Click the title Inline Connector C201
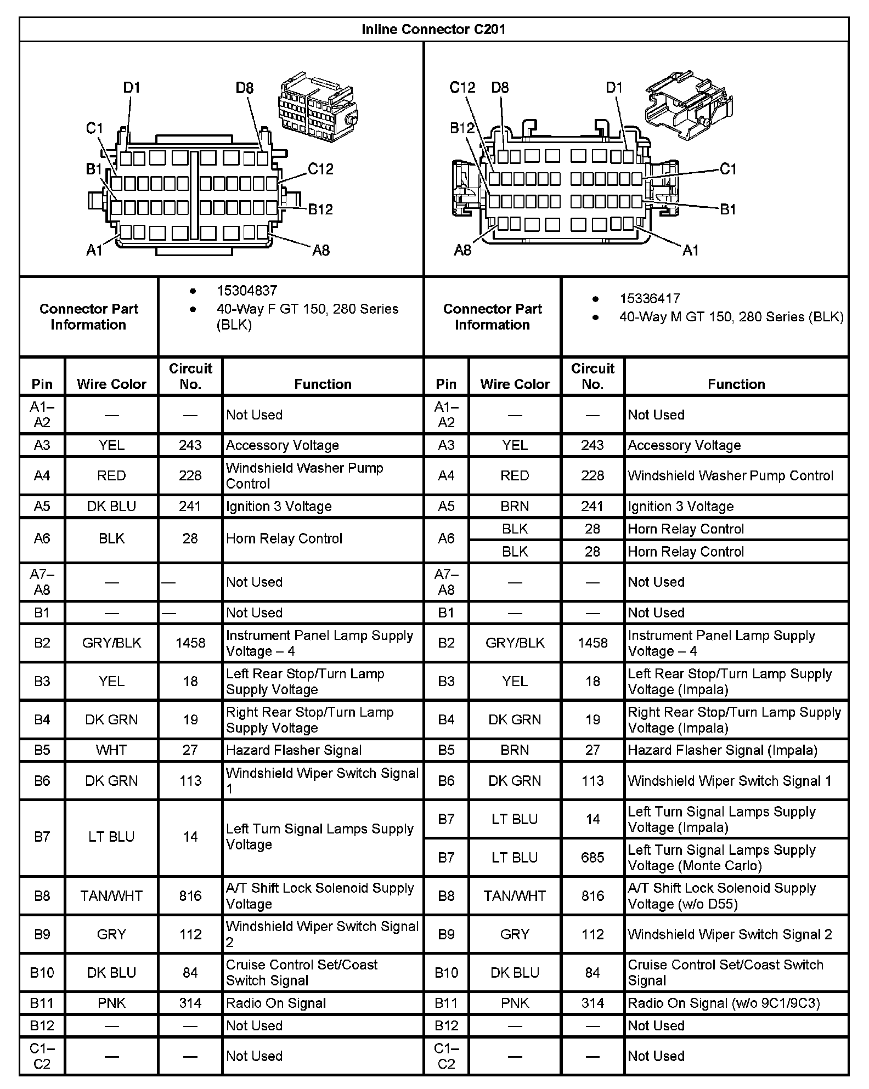pyautogui.click(x=433, y=30)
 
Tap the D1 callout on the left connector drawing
pyautogui.click(x=132, y=88)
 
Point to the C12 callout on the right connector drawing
pyautogui.click(x=462, y=88)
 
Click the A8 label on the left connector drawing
pyautogui.click(x=321, y=251)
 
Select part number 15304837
pyautogui.click(x=247, y=291)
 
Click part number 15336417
pyautogui.click(x=650, y=299)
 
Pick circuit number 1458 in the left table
pyautogui.click(x=190, y=643)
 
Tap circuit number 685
pyautogui.click(x=592, y=857)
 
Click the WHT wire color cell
pyautogui.click(x=111, y=750)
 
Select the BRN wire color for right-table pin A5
pyautogui.click(x=515, y=506)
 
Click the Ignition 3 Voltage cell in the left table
pyautogui.click(x=279, y=506)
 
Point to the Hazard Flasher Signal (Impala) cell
pyautogui.click(x=723, y=750)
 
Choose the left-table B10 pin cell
pyautogui.click(x=42, y=972)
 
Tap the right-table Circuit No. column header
pyautogui.click(x=592, y=376)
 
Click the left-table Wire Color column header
pyautogui.click(x=111, y=384)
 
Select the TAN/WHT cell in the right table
pyautogui.click(x=515, y=895)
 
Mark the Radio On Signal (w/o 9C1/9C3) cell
pyautogui.click(x=724, y=1003)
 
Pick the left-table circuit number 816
pyautogui.click(x=190, y=895)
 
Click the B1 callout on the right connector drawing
pyautogui.click(x=727, y=209)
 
